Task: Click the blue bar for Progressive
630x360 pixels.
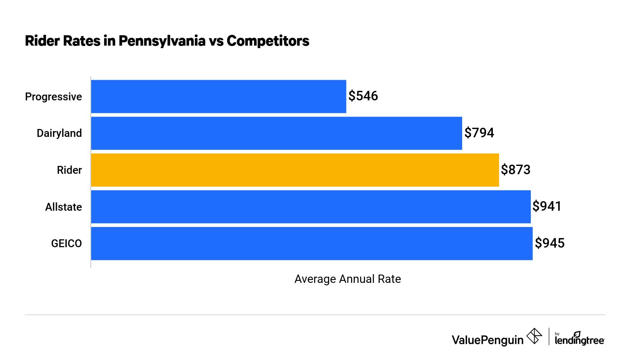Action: coord(218,96)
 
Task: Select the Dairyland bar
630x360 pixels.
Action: coord(276,133)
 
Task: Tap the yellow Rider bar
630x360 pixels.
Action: coord(295,170)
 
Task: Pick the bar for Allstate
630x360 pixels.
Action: coord(311,207)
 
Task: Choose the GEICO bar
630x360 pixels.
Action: coord(312,243)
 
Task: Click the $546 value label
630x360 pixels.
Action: coord(363,96)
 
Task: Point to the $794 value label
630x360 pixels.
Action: coord(479,133)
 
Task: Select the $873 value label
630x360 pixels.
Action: coord(516,170)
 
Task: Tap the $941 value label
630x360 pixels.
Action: coord(547,206)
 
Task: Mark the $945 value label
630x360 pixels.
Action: coord(550,243)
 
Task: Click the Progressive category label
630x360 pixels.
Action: coord(53,97)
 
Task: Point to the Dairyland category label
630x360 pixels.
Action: coord(59,133)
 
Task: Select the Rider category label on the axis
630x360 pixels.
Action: coord(69,170)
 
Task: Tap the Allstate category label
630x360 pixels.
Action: coord(63,207)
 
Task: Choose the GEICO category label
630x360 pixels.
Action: coord(66,243)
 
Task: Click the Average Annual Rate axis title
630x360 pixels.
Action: coord(347,279)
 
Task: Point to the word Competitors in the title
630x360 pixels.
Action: coord(268,41)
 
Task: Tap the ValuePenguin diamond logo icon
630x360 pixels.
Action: coord(534,336)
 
